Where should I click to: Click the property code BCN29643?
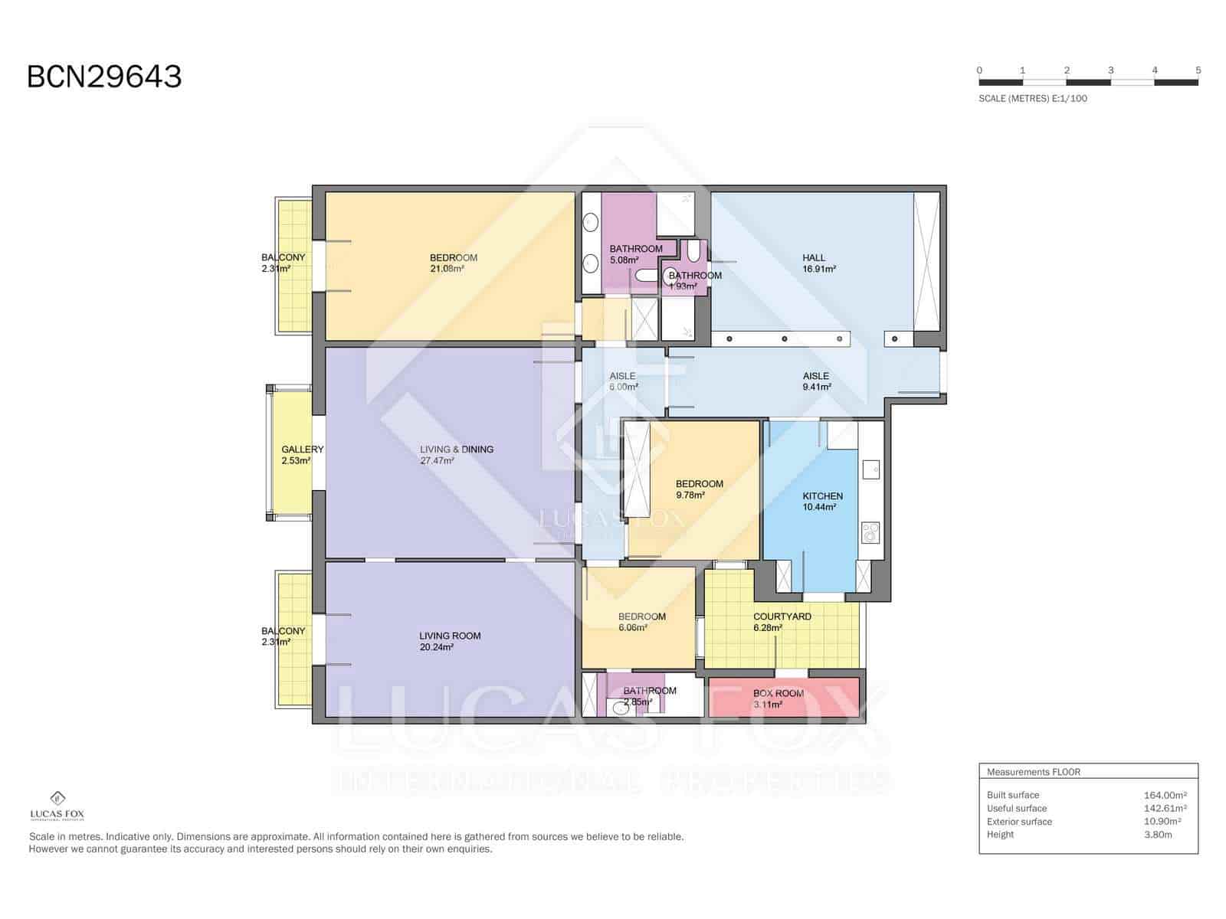(x=104, y=77)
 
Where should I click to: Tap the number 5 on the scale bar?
(x=1198, y=70)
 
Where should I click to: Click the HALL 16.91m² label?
(x=818, y=263)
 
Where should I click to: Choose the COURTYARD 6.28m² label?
(x=781, y=621)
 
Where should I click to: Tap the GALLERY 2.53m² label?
(x=301, y=455)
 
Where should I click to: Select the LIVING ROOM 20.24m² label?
(x=449, y=640)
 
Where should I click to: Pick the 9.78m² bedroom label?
(x=699, y=489)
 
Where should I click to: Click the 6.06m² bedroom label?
(x=641, y=621)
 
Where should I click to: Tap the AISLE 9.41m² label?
(x=815, y=381)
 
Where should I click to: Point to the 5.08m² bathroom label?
(x=635, y=253)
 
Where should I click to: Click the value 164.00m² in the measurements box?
(x=1165, y=795)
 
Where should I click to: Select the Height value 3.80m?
(x=1157, y=835)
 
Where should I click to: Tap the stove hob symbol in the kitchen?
(x=870, y=531)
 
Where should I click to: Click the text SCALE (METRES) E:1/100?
(x=1032, y=98)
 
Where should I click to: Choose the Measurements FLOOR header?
(x=1033, y=772)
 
